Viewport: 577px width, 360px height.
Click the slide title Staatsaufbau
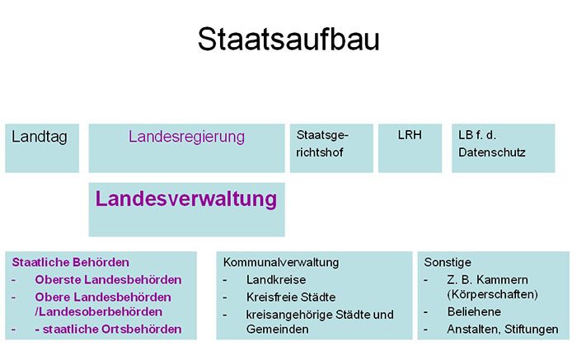288,39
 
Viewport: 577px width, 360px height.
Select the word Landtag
40,137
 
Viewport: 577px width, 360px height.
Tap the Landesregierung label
186,137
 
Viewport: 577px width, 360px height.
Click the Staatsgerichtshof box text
322,143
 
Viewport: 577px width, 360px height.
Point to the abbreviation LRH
410,135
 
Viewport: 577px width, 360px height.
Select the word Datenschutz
492,152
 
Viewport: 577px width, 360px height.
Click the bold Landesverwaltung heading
186,199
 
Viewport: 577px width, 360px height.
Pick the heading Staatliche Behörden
71,262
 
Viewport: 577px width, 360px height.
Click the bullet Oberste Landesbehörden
108,280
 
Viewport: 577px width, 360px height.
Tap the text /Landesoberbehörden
99,312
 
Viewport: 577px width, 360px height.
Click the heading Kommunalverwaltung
281,262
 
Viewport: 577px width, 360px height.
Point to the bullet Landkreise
276,280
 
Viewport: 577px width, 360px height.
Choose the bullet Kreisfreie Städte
291,297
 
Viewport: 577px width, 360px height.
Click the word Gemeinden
278,330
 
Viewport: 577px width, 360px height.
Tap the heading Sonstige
448,262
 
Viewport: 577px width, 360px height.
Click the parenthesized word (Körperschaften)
492,295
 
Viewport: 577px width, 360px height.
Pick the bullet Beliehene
474,312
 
